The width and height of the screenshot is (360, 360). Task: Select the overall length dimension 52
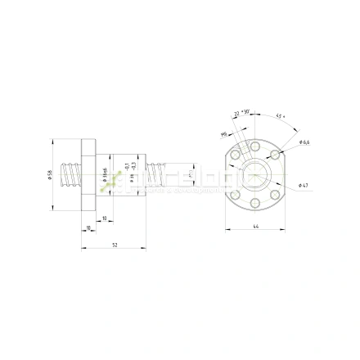pos(114,243)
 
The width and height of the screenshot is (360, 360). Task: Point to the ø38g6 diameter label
pos(106,175)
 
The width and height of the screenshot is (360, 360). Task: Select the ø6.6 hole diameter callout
pos(304,142)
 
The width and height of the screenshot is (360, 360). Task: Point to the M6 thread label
pos(223,133)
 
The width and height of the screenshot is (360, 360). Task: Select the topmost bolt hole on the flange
pos(255,145)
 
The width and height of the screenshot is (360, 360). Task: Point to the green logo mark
pos(110,184)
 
